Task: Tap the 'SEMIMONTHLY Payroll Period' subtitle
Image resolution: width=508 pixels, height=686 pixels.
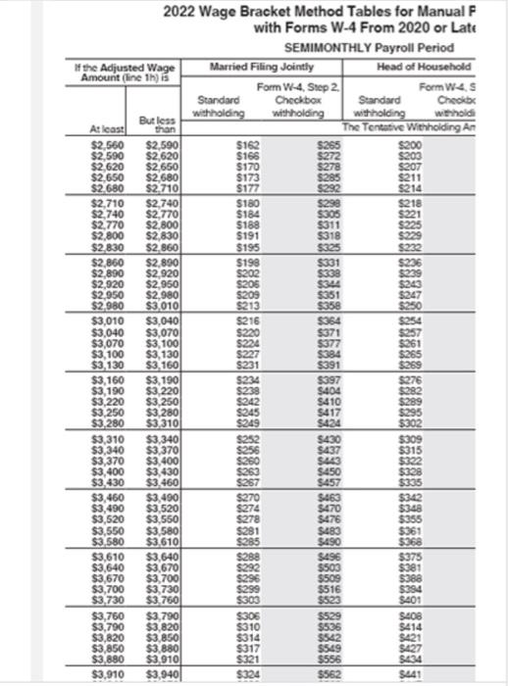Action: [x=368, y=47]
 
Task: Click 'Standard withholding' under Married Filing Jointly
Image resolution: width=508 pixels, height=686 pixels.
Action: [x=221, y=105]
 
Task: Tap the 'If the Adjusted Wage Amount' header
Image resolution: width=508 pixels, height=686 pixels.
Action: [x=116, y=71]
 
